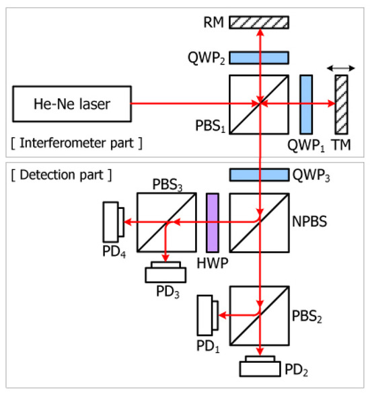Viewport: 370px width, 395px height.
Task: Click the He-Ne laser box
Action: pyautogui.click(x=71, y=104)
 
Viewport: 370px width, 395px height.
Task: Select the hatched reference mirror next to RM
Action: pyautogui.click(x=258, y=22)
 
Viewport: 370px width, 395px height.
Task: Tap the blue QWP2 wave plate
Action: pyautogui.click(x=258, y=56)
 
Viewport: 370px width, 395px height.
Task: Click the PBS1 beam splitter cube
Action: pyautogui.click(x=258, y=104)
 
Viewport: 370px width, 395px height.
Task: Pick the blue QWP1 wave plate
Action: pyautogui.click(x=306, y=104)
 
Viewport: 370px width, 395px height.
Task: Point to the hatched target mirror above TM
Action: pyautogui.click(x=342, y=104)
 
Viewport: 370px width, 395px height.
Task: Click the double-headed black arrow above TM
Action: pyautogui.click(x=341, y=68)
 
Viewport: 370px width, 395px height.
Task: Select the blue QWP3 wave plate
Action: pyautogui.click(x=258, y=175)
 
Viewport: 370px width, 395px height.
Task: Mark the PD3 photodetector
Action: pyautogui.click(x=166, y=274)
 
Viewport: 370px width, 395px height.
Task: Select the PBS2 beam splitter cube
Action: pyautogui.click(x=258, y=314)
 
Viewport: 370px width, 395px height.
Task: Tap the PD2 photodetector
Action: pyautogui.click(x=258, y=367)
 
